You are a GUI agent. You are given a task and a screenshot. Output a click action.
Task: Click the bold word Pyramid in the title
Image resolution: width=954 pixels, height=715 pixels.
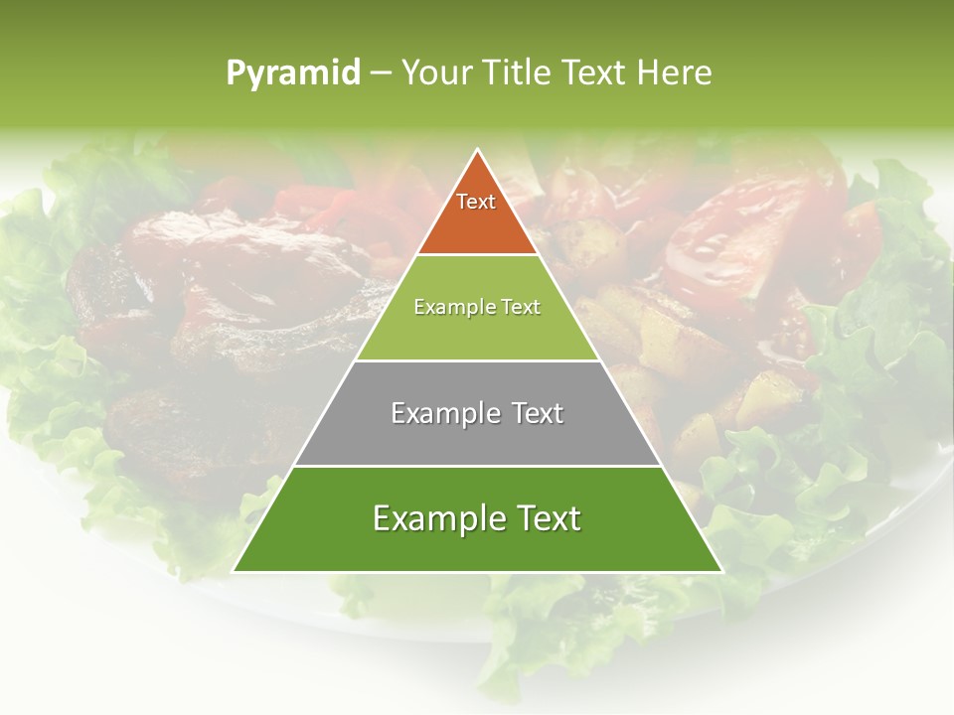[293, 73]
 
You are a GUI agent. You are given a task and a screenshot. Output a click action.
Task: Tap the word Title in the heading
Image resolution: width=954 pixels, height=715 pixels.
[518, 72]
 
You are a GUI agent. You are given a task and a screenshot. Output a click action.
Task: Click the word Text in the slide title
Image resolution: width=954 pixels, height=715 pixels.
[594, 72]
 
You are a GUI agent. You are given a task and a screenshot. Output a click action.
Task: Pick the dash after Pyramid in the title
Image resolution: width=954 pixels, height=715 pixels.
[381, 73]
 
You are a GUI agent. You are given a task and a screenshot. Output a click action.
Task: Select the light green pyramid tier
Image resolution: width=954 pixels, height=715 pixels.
[477, 328]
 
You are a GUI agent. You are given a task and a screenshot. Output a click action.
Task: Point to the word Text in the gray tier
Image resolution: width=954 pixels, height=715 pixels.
[533, 413]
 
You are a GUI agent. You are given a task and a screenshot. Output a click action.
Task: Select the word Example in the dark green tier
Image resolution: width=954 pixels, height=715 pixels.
[433, 518]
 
